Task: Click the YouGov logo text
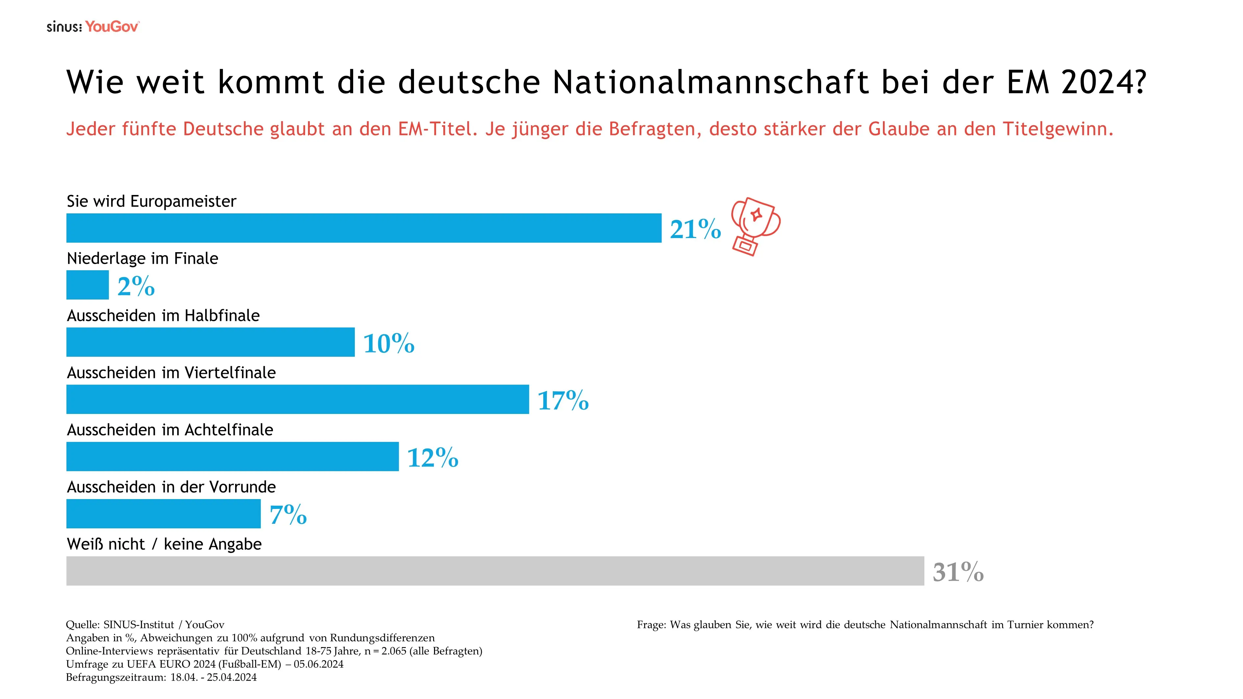[112, 27]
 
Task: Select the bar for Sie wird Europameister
[363, 228]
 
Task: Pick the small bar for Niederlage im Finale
[87, 285]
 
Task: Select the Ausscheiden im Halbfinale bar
[210, 342]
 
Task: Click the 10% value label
[388, 344]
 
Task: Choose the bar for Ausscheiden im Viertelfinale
[297, 399]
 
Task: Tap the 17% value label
[563, 400]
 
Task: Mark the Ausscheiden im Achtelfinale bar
[232, 456]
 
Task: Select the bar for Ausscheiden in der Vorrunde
[163, 514]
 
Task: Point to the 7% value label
[288, 515]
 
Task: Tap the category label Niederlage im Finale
[142, 258]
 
